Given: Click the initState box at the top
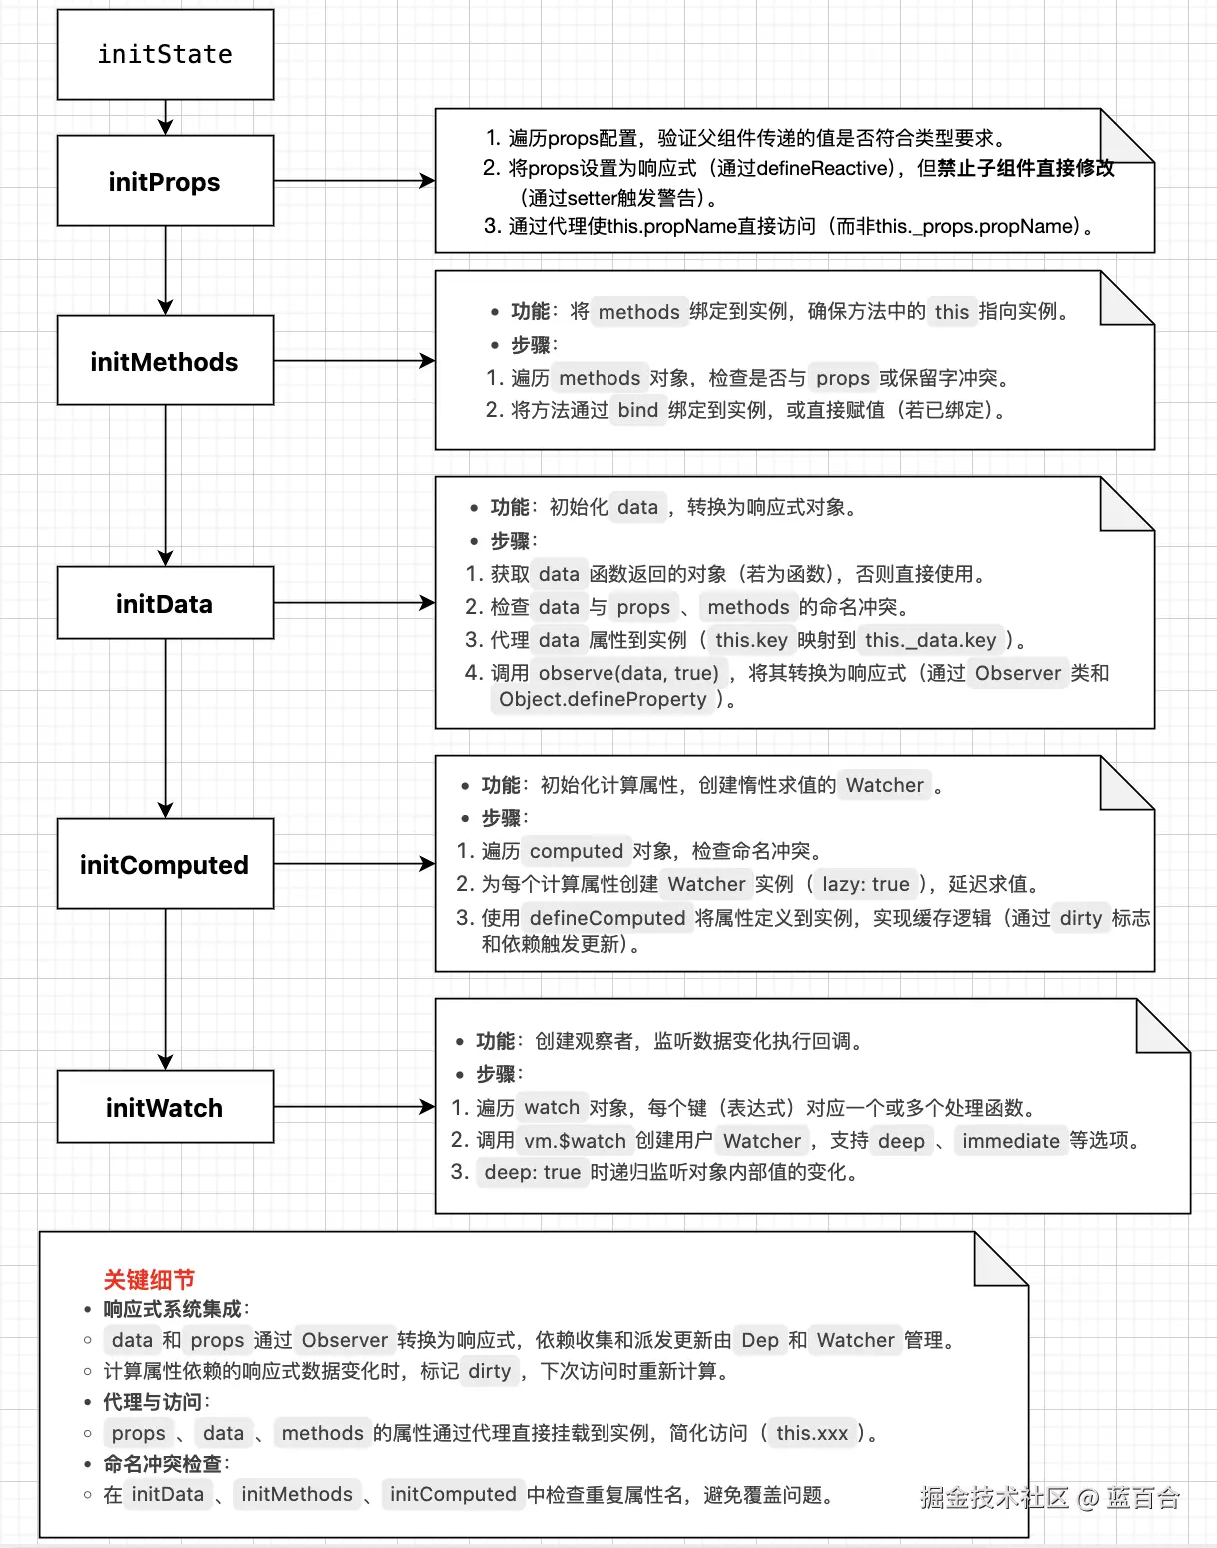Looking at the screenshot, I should click(165, 55).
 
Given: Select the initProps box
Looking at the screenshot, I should click(165, 181).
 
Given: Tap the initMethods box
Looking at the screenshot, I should click(165, 361).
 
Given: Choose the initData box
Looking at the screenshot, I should click(165, 603).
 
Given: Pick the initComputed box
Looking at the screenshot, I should click(165, 864).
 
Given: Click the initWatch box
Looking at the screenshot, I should click(165, 1107).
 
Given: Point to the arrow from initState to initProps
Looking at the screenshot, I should click(166, 117).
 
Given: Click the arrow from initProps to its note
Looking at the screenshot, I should click(354, 181).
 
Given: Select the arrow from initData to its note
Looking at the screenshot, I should click(354, 602).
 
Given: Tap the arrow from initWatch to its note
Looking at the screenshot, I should click(354, 1106).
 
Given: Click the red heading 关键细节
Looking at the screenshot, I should click(149, 1279).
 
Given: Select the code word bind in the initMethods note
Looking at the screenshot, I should click(637, 410).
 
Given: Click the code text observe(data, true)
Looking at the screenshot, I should click(628, 673).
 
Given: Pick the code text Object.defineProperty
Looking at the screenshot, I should click(603, 699).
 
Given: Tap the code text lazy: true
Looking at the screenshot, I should click(865, 884).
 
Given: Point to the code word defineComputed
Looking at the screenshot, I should click(607, 918).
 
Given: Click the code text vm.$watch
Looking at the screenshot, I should click(575, 1141).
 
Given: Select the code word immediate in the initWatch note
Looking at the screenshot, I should click(1010, 1141).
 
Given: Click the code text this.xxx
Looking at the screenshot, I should click(811, 1433).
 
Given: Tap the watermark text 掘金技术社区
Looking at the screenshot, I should click(994, 1497).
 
